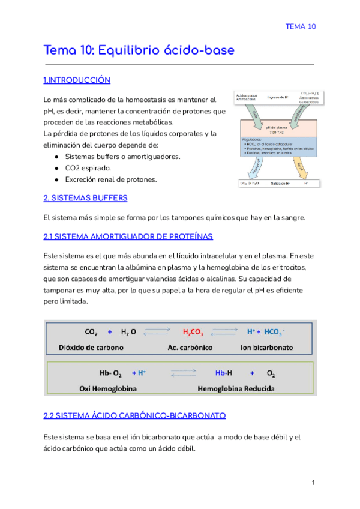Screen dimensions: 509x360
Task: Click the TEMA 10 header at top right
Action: [300, 26]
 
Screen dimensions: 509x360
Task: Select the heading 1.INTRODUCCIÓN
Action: [77, 80]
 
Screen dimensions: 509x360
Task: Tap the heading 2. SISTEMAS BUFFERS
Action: [85, 198]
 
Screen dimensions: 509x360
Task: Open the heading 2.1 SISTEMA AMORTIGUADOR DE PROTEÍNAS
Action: [128, 237]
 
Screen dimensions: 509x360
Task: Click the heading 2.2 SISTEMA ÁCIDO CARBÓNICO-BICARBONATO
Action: [134, 415]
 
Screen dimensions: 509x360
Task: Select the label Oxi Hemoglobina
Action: [108, 388]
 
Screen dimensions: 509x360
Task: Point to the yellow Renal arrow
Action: [299, 167]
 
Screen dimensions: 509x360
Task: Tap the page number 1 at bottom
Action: [313, 483]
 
